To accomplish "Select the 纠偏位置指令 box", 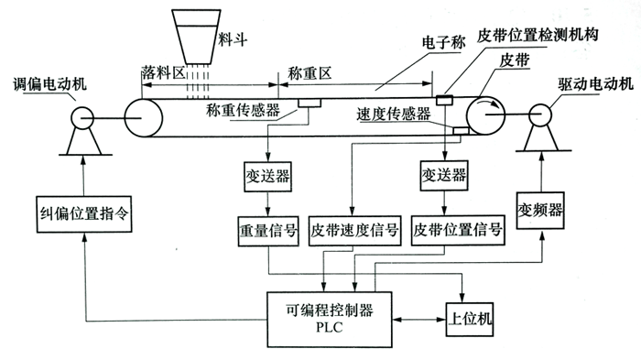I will tap(82, 214).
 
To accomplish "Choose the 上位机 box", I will tap(472, 315).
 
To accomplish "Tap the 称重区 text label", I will tap(309, 71).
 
